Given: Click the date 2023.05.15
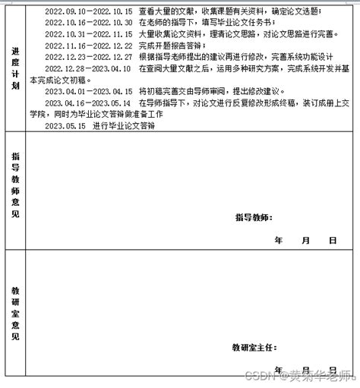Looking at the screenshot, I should click(x=65, y=125).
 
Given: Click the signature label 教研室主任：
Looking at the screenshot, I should click(x=254, y=347).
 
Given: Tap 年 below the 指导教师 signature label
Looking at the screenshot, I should click(x=278, y=240).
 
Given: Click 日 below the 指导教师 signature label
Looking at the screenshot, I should click(x=332, y=240).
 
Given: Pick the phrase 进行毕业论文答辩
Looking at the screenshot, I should click(x=124, y=125).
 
